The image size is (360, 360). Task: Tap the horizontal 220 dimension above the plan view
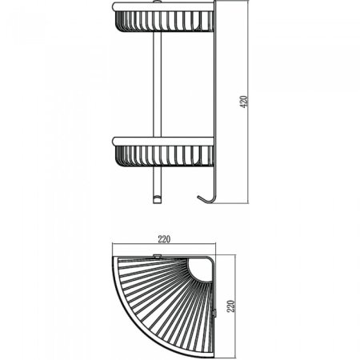[166, 238]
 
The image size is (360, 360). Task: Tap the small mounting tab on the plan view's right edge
[220, 313]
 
